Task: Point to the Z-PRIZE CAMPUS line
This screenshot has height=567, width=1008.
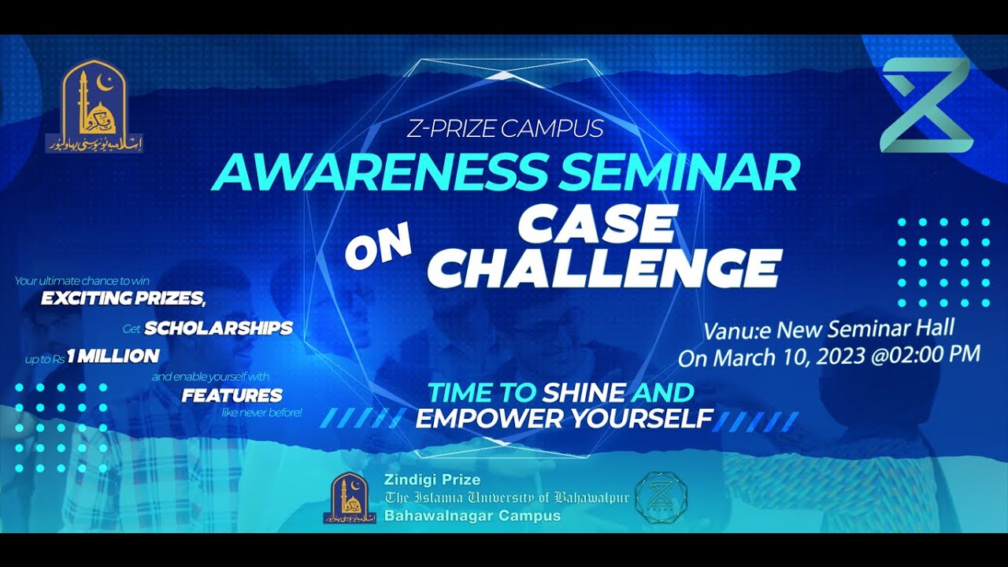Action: pyautogui.click(x=505, y=128)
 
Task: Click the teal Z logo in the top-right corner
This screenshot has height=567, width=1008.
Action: pyautogui.click(x=925, y=105)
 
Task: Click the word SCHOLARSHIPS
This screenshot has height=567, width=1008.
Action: pyautogui.click(x=218, y=328)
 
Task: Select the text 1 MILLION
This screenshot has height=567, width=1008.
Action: pyautogui.click(x=113, y=356)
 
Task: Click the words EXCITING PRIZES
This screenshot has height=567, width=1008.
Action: pyautogui.click(x=123, y=298)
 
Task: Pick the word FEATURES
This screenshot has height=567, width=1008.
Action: pyautogui.click(x=232, y=395)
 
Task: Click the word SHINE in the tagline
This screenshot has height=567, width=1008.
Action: pyautogui.click(x=584, y=392)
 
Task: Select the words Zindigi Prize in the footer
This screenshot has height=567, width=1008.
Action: pyautogui.click(x=432, y=479)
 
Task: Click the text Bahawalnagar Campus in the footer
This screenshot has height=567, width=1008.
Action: pyautogui.click(x=472, y=516)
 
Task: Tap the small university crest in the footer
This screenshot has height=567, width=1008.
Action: pyautogui.click(x=349, y=498)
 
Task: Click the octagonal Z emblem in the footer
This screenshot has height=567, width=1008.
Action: pyautogui.click(x=661, y=497)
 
